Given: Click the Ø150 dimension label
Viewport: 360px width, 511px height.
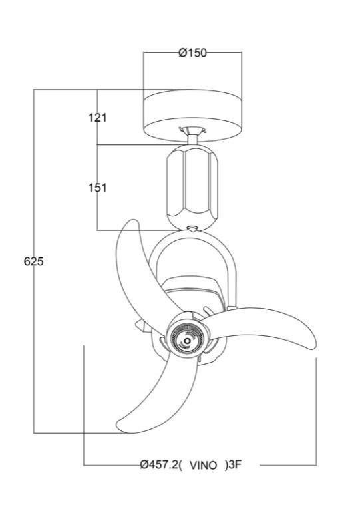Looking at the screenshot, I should point(192,53).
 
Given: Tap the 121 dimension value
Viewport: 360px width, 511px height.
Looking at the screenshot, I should point(98,118).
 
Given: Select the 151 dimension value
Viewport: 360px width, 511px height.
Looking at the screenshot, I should point(98,188).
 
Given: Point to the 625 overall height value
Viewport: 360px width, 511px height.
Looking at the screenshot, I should point(33,262).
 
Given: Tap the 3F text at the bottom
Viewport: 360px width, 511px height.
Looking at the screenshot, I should point(233,465).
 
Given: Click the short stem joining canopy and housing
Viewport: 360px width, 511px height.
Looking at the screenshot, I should point(192,138).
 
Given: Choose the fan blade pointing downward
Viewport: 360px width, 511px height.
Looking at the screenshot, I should point(150,393).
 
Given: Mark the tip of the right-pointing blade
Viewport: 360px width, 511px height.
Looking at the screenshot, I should point(311,338).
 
